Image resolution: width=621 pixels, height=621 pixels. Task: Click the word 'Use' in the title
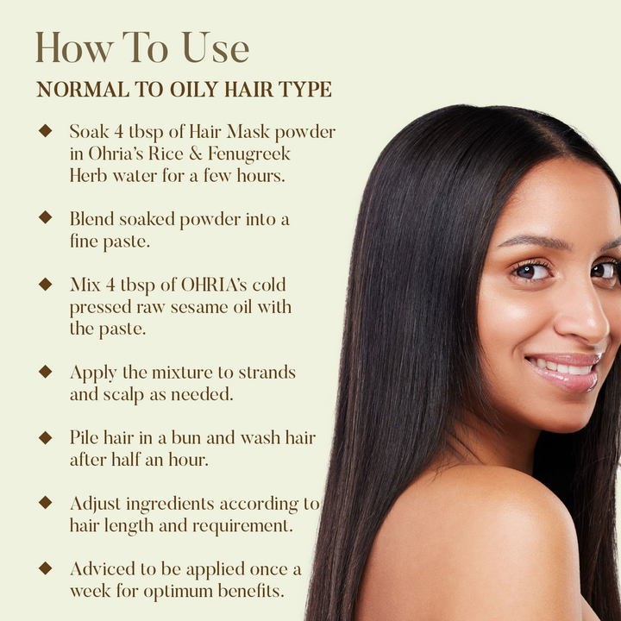pyautogui.click(x=216, y=48)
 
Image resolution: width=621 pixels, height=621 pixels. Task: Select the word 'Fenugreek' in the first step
pyautogui.click(x=249, y=154)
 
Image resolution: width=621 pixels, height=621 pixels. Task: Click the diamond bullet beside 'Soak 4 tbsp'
pyautogui.click(x=46, y=131)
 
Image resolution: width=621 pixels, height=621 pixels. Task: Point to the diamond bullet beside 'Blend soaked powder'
pyautogui.click(x=46, y=217)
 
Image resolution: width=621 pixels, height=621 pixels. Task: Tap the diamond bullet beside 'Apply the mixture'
pyautogui.click(x=46, y=372)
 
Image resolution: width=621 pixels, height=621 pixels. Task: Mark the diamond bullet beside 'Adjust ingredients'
pyautogui.click(x=46, y=503)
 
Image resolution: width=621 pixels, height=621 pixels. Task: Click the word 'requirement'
pyautogui.click(x=241, y=526)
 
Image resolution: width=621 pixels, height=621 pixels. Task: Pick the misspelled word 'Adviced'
pyautogui.click(x=103, y=569)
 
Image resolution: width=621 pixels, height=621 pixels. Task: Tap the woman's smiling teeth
pyautogui.click(x=562, y=367)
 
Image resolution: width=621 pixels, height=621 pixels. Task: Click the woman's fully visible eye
pyautogui.click(x=532, y=272)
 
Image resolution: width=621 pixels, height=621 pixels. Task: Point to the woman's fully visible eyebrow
pyautogui.click(x=533, y=241)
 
